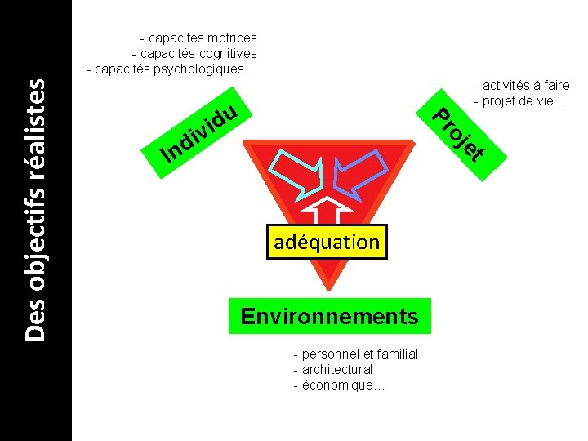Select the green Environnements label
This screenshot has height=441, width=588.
329,316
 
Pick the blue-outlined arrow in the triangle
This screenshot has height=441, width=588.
359,175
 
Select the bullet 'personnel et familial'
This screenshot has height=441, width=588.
355,354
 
